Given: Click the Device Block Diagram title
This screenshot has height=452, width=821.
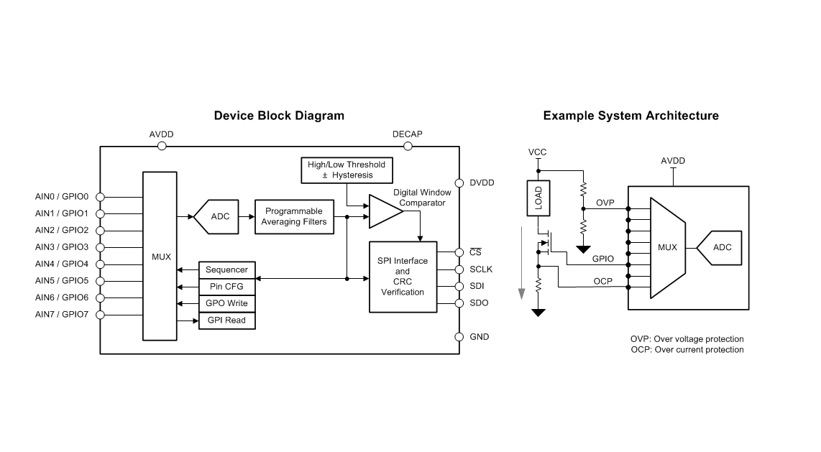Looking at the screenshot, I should coord(279,116).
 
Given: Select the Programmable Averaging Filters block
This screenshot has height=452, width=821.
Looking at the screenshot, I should coord(294,216).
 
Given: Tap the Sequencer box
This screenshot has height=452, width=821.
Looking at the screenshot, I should coord(226,270).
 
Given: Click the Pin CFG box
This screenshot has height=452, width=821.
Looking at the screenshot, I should coord(226,287).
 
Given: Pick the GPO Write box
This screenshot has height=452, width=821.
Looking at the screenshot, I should coord(226,303).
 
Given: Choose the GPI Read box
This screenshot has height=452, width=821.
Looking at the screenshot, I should coord(226,320).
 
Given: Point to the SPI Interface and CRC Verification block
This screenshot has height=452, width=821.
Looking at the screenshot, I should coord(403,277).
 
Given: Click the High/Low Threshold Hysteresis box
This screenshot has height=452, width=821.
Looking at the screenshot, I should coord(347,170).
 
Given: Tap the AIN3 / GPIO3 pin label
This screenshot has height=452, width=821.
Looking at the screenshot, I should coord(61,247).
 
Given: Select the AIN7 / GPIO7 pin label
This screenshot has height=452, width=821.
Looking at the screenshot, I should coord(61,314).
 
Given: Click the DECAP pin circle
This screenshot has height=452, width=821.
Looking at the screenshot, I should coord(408,146).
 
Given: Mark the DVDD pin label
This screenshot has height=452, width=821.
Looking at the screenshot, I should coord(482,183).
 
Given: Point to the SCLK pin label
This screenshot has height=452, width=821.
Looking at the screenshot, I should coord(481,269).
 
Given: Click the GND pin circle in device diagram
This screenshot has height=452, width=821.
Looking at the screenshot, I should coord(459,336).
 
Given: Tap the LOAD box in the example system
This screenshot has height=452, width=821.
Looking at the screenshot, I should coord(538,198).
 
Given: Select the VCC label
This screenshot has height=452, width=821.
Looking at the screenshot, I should coord(537,152).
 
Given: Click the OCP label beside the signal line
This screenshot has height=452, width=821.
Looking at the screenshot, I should coord(603,281).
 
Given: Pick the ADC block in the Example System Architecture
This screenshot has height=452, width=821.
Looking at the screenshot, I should coord(722,248).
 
